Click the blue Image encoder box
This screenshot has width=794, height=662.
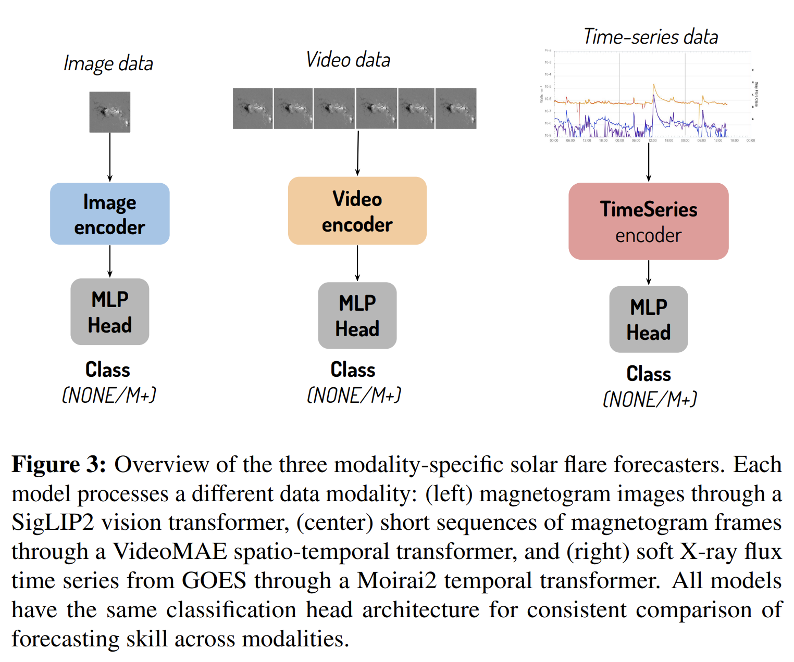pos(109,214)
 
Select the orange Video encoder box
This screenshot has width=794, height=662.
pos(357,211)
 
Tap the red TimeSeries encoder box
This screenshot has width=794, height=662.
pos(648,221)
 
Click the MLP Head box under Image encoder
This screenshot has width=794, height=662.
pos(109,312)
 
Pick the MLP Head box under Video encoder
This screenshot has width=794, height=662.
pos(357,315)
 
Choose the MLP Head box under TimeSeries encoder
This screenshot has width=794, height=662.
pos(648,319)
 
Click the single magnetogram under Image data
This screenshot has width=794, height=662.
pos(109,112)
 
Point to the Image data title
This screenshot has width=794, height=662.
pos(108,63)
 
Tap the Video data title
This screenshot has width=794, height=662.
pos(348,60)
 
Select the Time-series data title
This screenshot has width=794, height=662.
pos(651,37)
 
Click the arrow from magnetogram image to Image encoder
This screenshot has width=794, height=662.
pos(109,157)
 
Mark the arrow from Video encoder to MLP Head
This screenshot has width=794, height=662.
pos(357,263)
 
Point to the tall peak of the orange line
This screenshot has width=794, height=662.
pos(654,84)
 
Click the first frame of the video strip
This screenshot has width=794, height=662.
pos(253,108)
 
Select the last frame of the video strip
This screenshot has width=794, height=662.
pos(456,108)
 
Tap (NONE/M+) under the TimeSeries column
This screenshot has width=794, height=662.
pos(650,400)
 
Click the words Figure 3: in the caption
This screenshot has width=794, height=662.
pos(59,465)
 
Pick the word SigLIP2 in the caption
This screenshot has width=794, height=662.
pos(53,523)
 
